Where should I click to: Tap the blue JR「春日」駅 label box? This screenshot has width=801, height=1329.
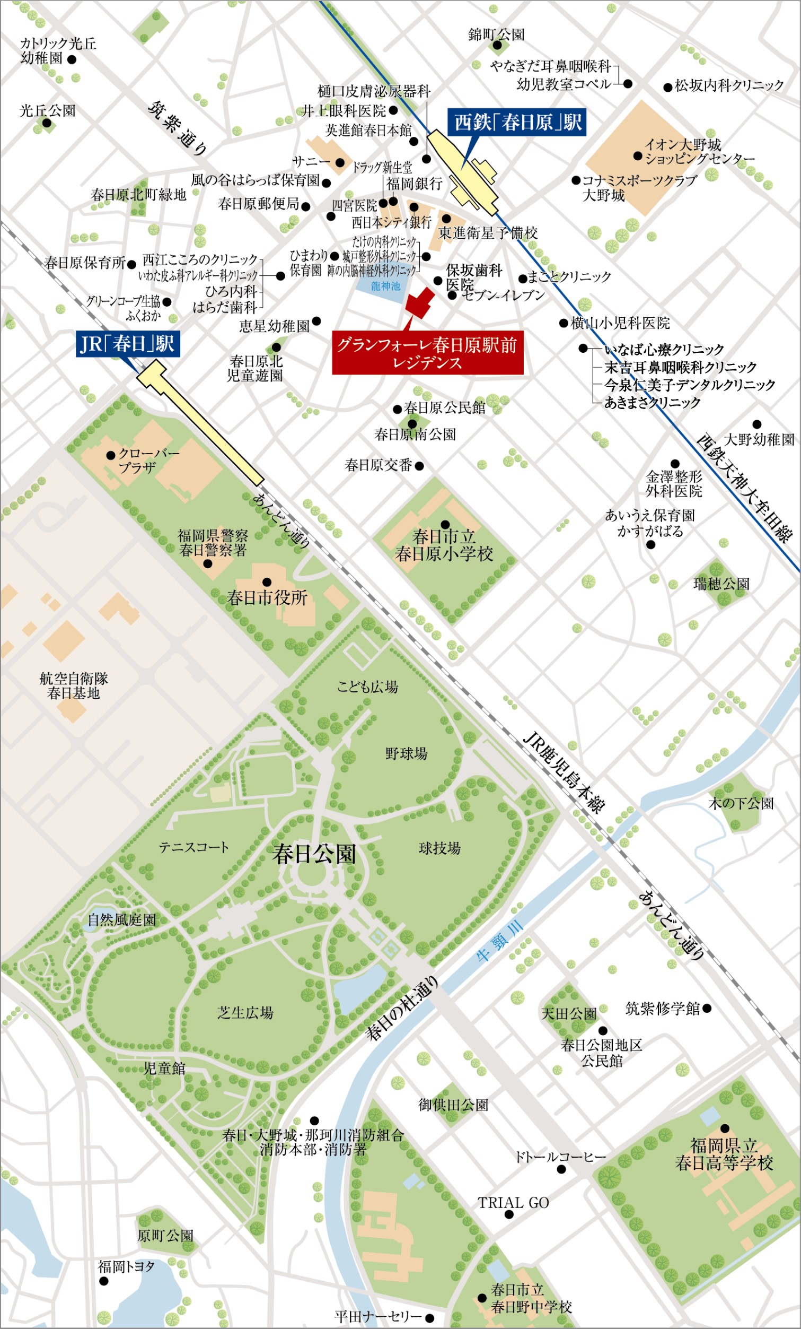pyautogui.click(x=127, y=344)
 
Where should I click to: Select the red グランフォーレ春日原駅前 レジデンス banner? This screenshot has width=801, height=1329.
pyautogui.click(x=427, y=354)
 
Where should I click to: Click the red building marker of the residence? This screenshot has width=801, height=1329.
pyautogui.click(x=420, y=302)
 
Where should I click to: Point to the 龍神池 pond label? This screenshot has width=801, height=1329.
pyautogui.click(x=385, y=286)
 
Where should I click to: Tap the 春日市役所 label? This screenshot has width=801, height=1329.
pyautogui.click(x=267, y=597)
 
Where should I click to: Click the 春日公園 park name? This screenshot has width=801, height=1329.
pyautogui.click(x=314, y=854)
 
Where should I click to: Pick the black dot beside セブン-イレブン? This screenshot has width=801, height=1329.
pyautogui.click(x=452, y=295)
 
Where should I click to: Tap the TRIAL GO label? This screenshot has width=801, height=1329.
pyautogui.click(x=513, y=1203)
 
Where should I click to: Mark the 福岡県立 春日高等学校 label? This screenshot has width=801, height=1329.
pyautogui.click(x=724, y=1154)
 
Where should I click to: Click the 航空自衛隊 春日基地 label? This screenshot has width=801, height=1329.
pyautogui.click(x=74, y=685)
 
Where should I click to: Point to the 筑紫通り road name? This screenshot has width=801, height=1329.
pyautogui.click(x=178, y=128)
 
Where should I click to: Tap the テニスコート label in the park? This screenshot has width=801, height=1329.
pyautogui.click(x=193, y=847)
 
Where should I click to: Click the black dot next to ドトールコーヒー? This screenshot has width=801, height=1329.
pyautogui.click(x=561, y=1169)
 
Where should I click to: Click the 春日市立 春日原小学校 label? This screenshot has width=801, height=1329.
pyautogui.click(x=444, y=545)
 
